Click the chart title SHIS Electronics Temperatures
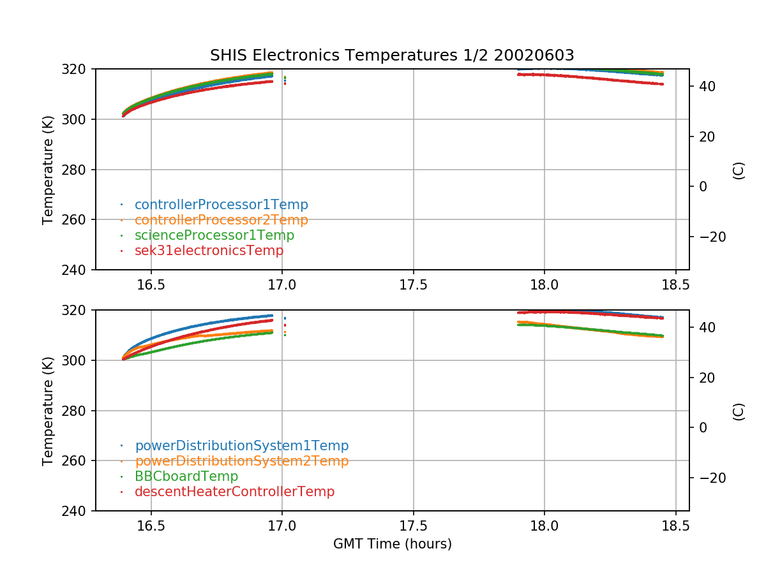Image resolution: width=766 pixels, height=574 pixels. pos(392,55)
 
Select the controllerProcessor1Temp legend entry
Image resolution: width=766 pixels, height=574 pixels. pos(221,205)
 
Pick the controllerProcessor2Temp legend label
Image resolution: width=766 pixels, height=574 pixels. pos(221,220)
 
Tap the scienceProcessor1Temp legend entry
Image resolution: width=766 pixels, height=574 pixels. pos(214,235)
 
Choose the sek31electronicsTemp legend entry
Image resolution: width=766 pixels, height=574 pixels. pos(209,251)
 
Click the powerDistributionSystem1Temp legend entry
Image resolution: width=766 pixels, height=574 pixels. pos(241,446)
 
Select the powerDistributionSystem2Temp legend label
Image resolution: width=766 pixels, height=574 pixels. pos(241,461)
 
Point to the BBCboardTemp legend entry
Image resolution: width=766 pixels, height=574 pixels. pos(186,476)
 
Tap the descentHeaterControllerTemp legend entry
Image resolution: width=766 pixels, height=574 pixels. pos(234,492)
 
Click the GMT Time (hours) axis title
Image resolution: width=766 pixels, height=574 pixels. pos(392,544)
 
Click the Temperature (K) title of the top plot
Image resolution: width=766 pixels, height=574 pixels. pos(48,170)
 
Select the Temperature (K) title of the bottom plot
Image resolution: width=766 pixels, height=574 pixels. pos(48,411)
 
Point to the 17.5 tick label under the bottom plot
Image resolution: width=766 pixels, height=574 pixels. pos(413,526)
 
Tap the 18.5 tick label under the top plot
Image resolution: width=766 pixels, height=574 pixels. pos(675,284)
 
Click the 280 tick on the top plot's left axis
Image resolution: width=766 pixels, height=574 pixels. pos(78,170)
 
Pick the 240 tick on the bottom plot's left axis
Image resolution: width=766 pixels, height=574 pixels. pos(78,511)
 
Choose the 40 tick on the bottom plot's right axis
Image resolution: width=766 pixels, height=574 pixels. pos(705,327)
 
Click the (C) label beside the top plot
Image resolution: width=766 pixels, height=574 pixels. pos(739,170)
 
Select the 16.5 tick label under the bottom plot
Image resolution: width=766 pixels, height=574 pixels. pos(151,526)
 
